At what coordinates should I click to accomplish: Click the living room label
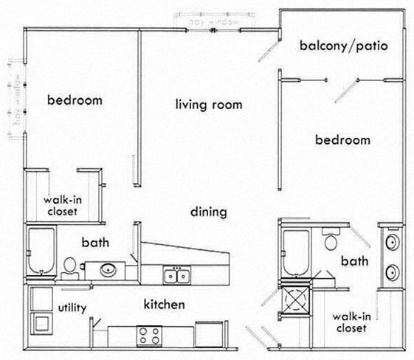209,105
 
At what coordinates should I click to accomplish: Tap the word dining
208,212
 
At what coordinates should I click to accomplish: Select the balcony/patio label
344,47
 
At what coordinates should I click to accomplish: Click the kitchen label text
163,303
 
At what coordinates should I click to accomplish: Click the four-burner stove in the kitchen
149,336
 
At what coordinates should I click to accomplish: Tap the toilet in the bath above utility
69,266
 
